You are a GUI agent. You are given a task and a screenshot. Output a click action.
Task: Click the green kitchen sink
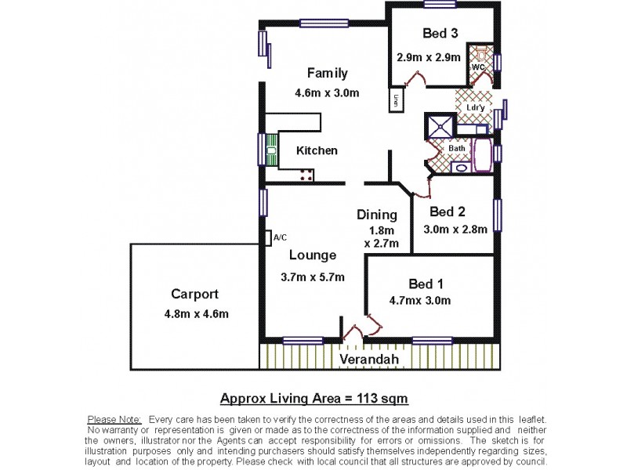(x=271, y=150)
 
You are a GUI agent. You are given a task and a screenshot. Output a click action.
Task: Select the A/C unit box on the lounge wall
(x=269, y=237)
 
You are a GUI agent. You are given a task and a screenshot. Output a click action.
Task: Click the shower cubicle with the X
(x=439, y=125)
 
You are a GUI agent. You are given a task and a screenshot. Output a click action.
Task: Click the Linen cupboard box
(x=397, y=101)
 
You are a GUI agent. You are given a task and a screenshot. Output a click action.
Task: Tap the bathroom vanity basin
(x=461, y=167)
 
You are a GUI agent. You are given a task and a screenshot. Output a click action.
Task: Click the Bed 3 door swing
(x=414, y=78)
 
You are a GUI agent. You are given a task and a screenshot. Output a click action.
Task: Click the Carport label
(x=194, y=295)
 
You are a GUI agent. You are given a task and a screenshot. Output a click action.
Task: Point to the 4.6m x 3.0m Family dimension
(x=327, y=93)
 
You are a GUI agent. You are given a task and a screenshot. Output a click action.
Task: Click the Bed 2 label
(x=448, y=211)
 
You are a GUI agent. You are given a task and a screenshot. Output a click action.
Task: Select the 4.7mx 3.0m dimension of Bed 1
(x=419, y=300)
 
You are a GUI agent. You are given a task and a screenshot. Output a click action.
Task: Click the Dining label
(x=377, y=215)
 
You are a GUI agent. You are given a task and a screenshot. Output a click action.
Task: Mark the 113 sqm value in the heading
(x=382, y=397)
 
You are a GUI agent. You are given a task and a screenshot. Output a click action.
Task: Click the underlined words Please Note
(x=114, y=421)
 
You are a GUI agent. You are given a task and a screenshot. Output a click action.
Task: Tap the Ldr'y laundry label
(x=473, y=107)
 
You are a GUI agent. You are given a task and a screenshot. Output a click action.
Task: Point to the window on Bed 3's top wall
(x=440, y=4)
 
